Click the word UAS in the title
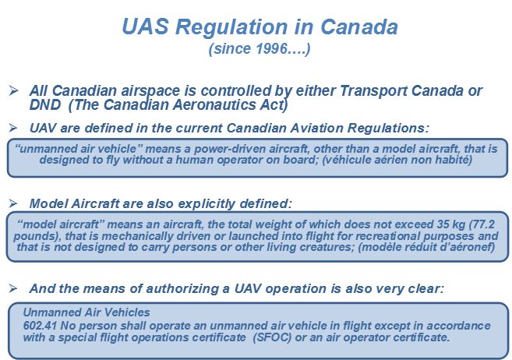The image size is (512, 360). [145, 26]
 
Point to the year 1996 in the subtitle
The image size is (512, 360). [272, 48]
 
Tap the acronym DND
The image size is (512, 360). [45, 104]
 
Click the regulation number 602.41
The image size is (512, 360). [41, 326]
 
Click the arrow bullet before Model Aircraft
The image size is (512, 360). [13, 203]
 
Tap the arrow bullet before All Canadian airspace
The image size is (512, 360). [13, 90]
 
